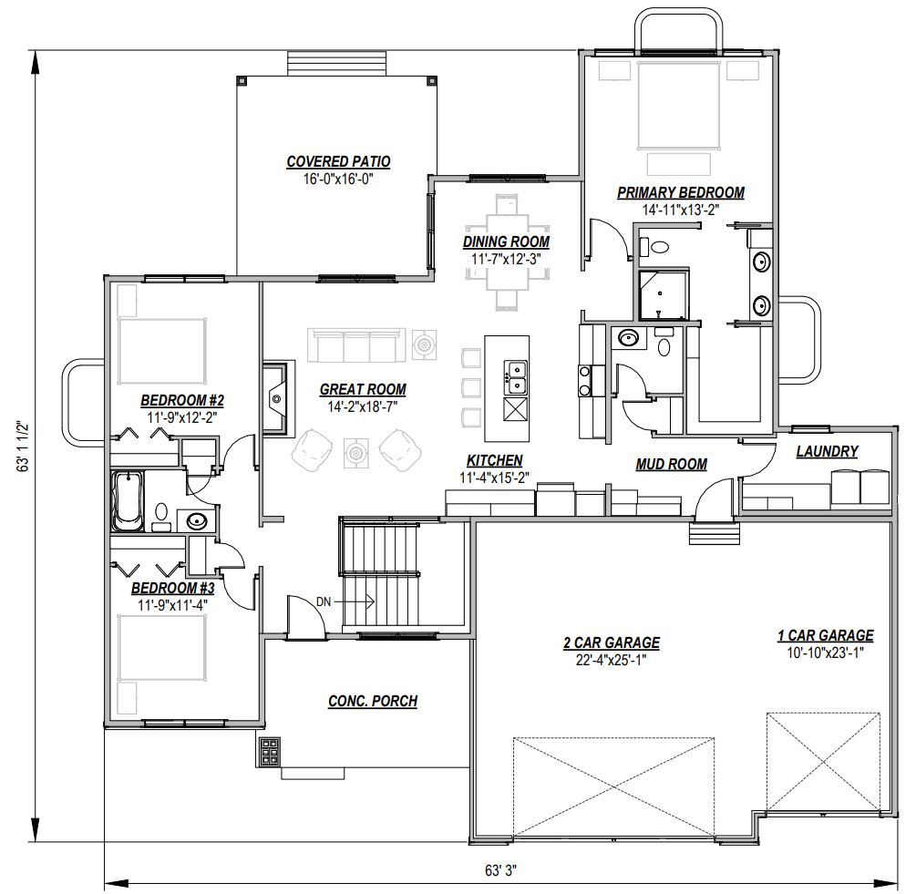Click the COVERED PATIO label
click(338, 161)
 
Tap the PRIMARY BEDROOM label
click(681, 192)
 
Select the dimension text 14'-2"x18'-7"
click(363, 407)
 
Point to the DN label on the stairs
click(324, 601)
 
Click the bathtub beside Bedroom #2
click(128, 501)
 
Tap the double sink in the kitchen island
click(515, 378)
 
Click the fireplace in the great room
click(276, 398)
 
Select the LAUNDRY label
click(828, 451)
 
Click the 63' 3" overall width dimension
click(500, 870)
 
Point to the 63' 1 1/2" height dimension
click(23, 447)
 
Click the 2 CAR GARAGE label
click(612, 642)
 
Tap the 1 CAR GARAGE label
click(826, 635)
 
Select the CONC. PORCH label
click(373, 702)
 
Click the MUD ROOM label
click(671, 464)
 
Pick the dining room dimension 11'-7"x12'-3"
click(506, 259)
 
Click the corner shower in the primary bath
click(663, 294)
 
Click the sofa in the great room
click(356, 345)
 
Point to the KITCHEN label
click(494, 461)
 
